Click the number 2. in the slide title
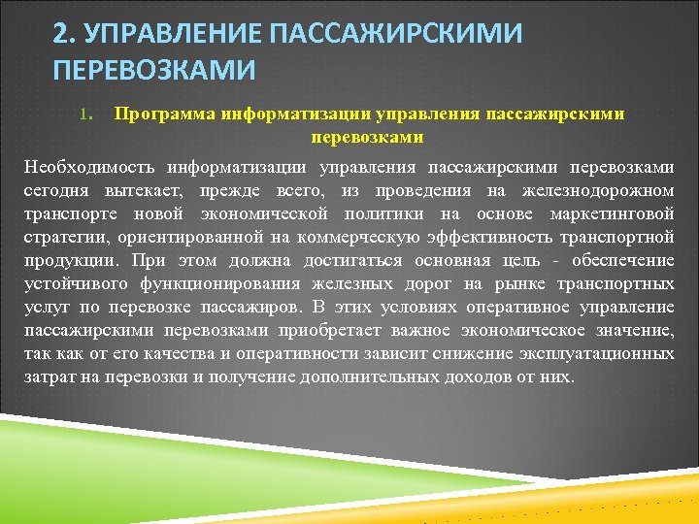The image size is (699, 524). tap(65, 34)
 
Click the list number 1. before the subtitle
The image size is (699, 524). tap(84, 115)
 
